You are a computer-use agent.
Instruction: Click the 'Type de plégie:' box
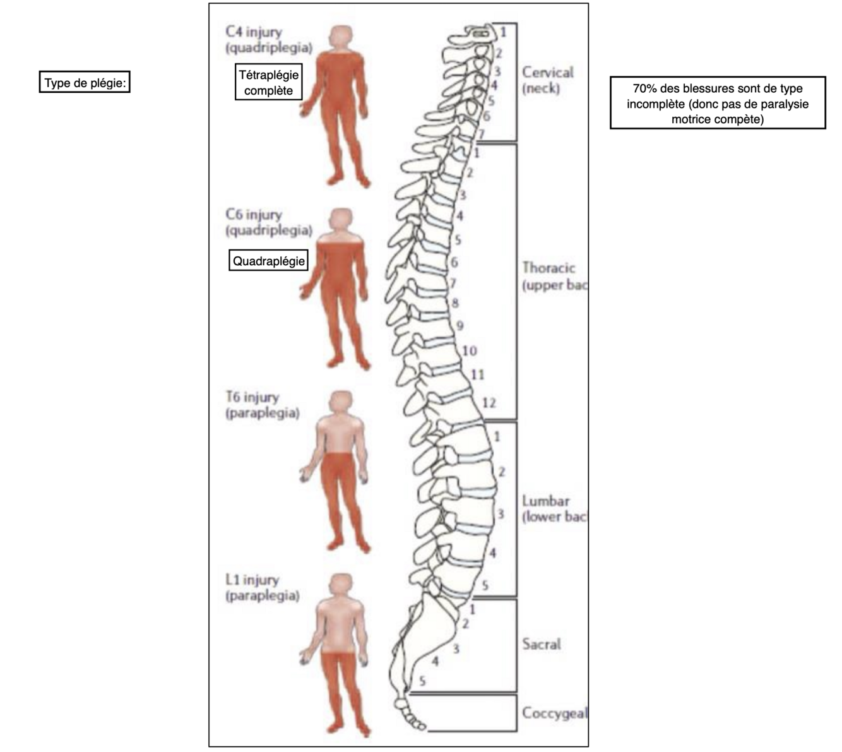[x=85, y=83]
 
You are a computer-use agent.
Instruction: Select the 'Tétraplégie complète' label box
[x=268, y=82]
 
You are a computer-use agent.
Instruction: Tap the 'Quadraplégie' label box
[x=268, y=261]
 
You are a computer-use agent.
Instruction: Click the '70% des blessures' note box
[x=718, y=103]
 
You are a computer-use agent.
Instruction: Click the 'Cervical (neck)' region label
[x=547, y=80]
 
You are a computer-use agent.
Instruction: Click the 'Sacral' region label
[x=541, y=644]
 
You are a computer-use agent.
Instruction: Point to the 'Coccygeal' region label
[x=554, y=713]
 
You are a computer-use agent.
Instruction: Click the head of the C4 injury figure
[x=341, y=37]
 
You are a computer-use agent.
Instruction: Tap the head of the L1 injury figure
[x=341, y=585]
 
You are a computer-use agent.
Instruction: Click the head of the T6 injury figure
[x=341, y=403]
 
